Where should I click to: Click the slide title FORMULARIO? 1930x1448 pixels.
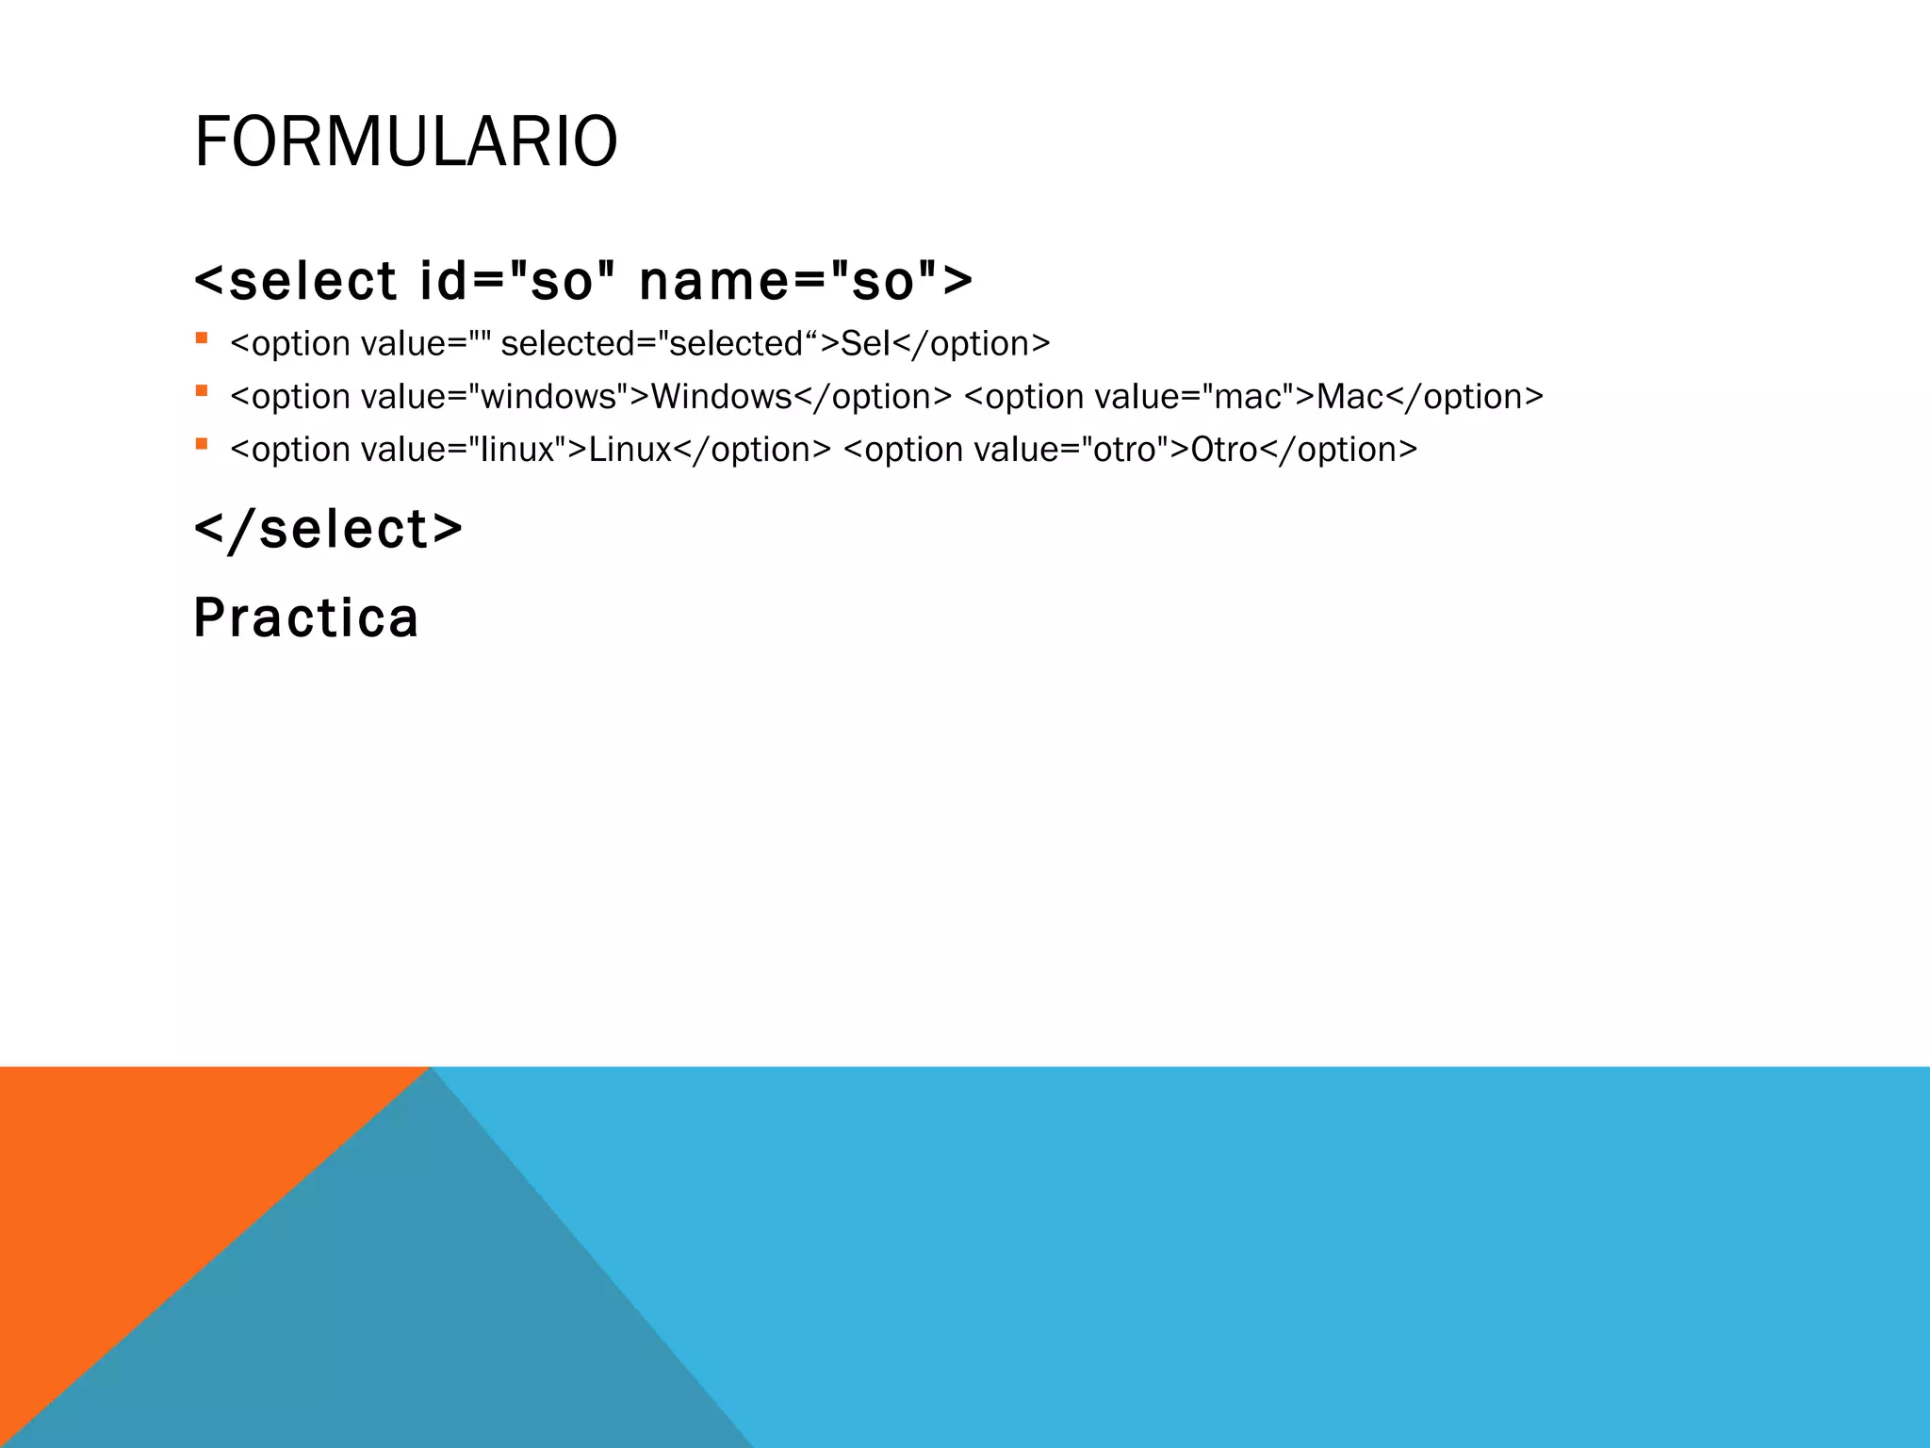pyautogui.click(x=405, y=141)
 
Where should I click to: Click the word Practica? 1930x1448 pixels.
pyautogui.click(x=306, y=618)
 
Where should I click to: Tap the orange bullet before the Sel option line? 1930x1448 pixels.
pyautogui.click(x=201, y=337)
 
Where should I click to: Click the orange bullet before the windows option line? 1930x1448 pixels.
pyautogui.click(x=201, y=390)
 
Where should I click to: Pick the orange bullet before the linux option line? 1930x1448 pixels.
pyautogui.click(x=201, y=443)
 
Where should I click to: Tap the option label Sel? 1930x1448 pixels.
pyautogui.click(x=865, y=343)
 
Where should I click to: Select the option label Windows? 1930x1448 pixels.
pyautogui.click(x=721, y=396)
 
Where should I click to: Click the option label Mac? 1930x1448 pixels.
pyautogui.click(x=1349, y=396)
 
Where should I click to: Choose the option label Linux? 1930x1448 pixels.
pyautogui.click(x=630, y=449)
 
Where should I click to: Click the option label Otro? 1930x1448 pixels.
pyautogui.click(x=1224, y=449)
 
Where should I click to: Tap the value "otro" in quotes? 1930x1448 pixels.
pyautogui.click(x=1124, y=449)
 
